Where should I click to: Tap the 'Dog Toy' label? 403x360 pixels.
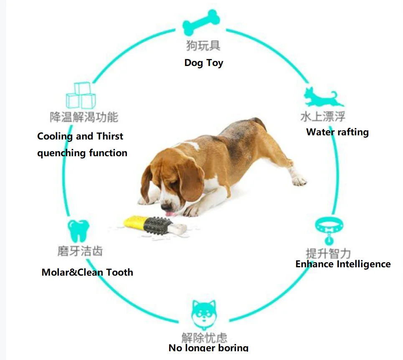point(204,63)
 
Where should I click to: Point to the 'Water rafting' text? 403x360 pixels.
point(337,132)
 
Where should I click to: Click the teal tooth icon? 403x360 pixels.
point(79,230)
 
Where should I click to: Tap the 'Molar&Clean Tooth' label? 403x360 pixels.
point(87,272)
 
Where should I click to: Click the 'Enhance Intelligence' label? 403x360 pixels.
point(343,264)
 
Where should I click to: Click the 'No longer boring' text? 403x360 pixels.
point(208,348)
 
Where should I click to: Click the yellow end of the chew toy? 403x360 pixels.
point(134,222)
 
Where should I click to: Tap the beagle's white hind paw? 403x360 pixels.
point(299,180)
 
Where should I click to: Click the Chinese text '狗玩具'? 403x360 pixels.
point(203,45)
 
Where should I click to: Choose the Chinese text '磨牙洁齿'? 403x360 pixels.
point(80,251)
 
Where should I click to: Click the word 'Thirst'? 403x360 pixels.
point(110,137)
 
